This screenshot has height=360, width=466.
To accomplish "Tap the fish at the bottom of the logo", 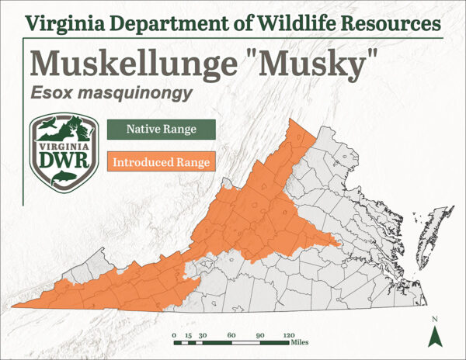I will [62, 179].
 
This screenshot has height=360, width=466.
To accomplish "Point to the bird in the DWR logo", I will [47, 125].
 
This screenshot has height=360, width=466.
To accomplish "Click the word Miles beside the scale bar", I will [301, 341].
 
